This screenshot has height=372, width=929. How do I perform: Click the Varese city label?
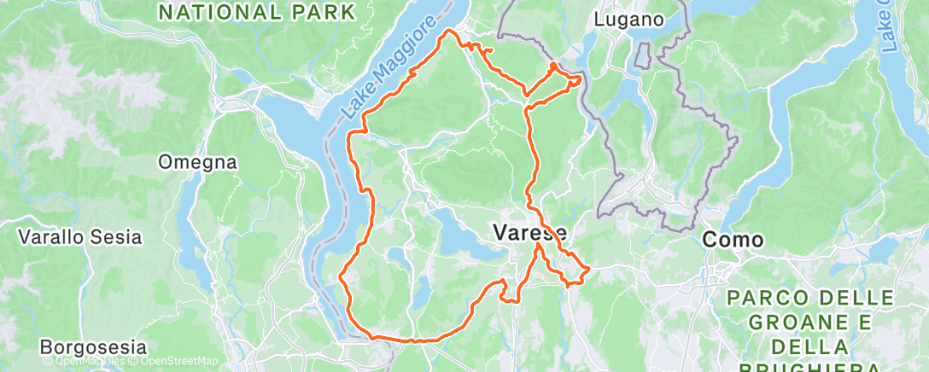[529, 231]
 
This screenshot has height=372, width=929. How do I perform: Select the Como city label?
[733, 241]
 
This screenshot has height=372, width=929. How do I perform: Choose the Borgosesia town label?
[93, 347]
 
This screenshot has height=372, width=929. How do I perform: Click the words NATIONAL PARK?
[256, 12]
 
